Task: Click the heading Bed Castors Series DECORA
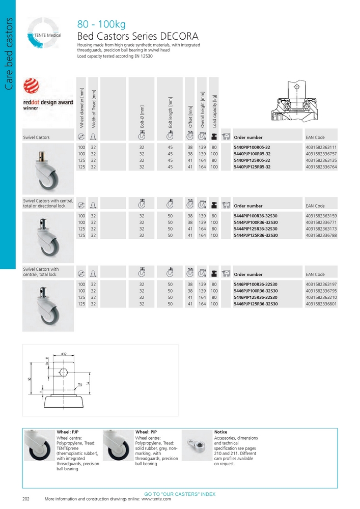(x=137, y=37)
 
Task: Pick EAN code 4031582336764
(x=321, y=166)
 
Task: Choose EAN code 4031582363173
(x=321, y=229)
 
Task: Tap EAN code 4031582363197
(x=321, y=284)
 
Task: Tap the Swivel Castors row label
(x=37, y=137)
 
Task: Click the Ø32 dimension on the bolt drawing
(x=64, y=353)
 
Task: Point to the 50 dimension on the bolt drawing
(x=29, y=379)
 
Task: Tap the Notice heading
(x=220, y=432)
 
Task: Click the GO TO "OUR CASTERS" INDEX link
(x=180, y=494)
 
